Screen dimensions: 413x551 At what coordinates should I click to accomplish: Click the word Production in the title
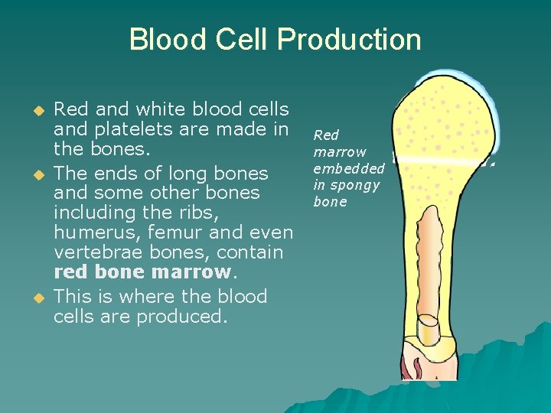click(x=350, y=40)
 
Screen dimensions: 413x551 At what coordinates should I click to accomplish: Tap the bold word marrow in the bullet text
click(x=191, y=272)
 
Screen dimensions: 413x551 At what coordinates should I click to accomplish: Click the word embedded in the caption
click(x=348, y=168)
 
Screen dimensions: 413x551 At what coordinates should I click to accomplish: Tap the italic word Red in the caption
click(x=326, y=135)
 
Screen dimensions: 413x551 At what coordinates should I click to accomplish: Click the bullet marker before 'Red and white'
click(x=32, y=110)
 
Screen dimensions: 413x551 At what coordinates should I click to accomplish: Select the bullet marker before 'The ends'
click(x=32, y=174)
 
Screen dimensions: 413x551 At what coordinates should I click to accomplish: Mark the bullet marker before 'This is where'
click(x=32, y=298)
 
